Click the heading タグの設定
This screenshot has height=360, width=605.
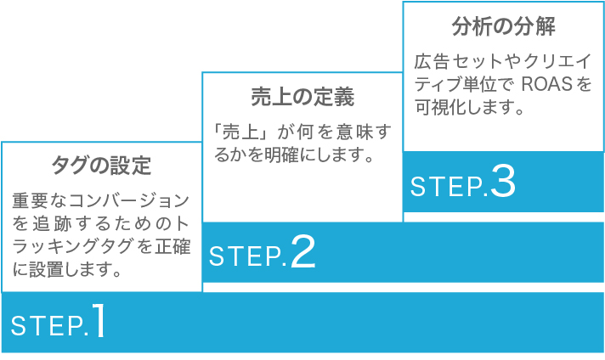click(101, 165)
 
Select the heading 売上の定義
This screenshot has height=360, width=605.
click(302, 95)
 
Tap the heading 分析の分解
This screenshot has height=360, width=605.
click(503, 26)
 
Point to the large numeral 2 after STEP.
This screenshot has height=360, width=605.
click(302, 251)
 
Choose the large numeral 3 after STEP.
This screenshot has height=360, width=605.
click(503, 183)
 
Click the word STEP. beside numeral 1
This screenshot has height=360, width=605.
click(48, 325)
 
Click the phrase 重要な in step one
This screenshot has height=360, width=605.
click(34, 202)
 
